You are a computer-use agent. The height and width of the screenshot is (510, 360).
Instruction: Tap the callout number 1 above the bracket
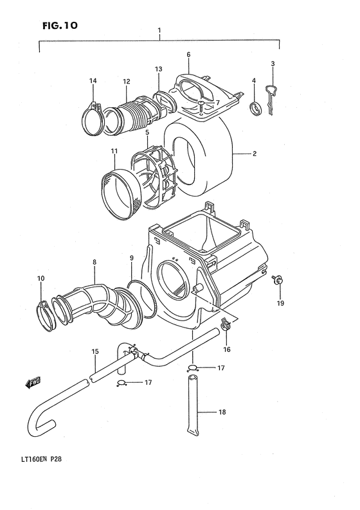point(159,30)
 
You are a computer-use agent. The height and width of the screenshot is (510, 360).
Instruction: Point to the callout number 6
point(188,55)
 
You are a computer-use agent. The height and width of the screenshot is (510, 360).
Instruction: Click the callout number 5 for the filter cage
point(147,133)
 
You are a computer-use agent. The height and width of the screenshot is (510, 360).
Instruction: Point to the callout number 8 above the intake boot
point(94,262)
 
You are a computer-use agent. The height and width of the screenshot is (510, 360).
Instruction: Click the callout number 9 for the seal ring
point(131,258)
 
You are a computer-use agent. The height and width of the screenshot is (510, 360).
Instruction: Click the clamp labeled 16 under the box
point(225,326)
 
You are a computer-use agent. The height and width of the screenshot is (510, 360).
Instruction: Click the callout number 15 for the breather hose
point(94,351)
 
